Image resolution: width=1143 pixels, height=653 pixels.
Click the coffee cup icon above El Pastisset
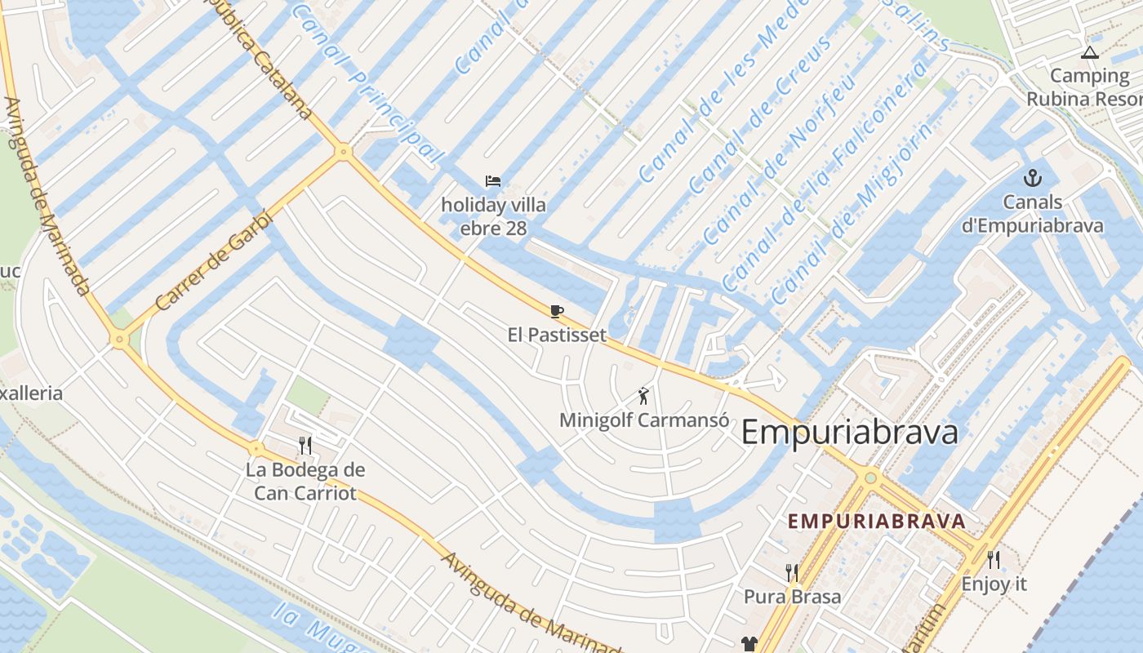(x=557, y=311)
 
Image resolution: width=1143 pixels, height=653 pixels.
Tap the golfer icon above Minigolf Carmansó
(x=643, y=397)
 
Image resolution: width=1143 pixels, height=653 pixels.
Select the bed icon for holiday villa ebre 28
(x=492, y=180)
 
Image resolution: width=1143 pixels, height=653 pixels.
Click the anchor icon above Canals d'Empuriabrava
(x=1033, y=177)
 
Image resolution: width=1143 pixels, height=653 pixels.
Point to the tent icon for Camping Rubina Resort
(x=1088, y=53)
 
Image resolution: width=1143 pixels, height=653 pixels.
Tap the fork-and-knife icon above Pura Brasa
(x=791, y=572)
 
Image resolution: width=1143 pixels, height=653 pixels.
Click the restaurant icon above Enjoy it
(x=993, y=560)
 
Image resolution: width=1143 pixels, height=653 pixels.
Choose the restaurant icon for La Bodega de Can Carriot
(x=305, y=445)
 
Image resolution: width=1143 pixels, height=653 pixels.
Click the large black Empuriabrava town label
(x=849, y=433)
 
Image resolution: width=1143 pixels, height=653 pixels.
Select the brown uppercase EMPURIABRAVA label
(x=876, y=521)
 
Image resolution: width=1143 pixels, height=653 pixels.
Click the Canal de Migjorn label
(x=850, y=212)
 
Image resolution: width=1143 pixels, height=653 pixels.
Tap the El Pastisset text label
(x=557, y=335)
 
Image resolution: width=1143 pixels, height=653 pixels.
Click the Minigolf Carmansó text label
(x=643, y=420)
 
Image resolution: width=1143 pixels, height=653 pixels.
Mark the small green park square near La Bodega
(x=309, y=394)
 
